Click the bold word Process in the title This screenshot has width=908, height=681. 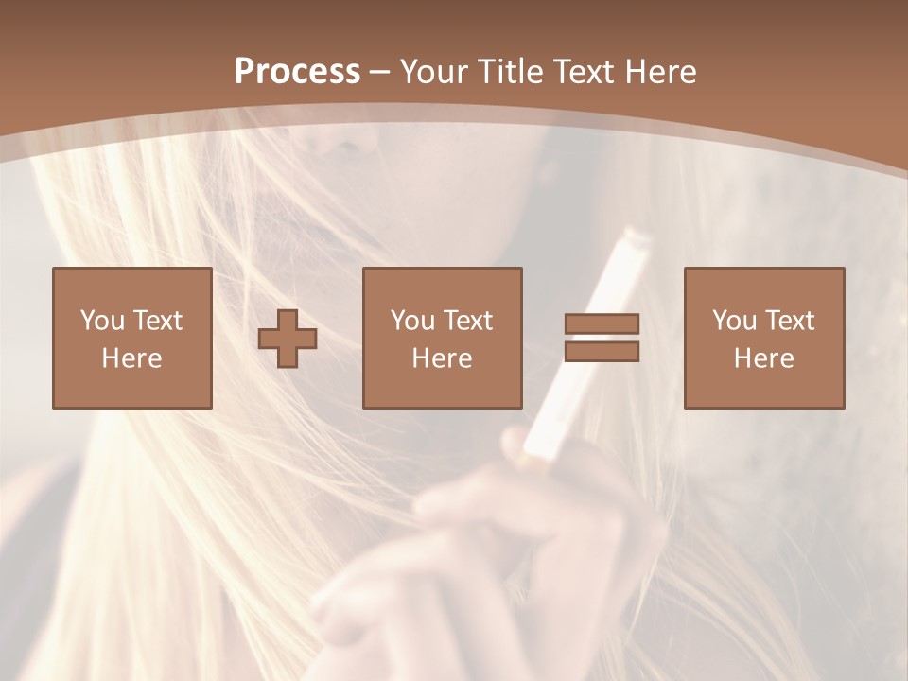(297, 72)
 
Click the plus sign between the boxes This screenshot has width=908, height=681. (288, 338)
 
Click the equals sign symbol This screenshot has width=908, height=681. (602, 338)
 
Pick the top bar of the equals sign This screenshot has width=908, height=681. (602, 323)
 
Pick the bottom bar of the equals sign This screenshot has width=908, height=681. (602, 352)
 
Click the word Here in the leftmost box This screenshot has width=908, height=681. (131, 358)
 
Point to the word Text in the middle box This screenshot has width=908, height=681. (468, 321)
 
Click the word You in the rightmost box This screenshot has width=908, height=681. (734, 321)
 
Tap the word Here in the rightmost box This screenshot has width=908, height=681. (763, 358)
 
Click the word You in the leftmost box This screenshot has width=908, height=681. (102, 321)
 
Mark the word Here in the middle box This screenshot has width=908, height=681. (442, 358)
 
